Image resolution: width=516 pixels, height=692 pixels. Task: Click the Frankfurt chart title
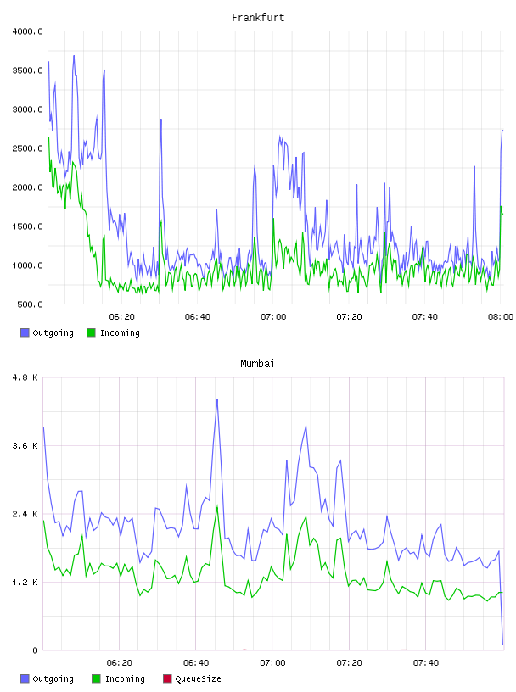pyautogui.click(x=258, y=18)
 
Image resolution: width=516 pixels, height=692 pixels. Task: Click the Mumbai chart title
pyautogui.click(x=257, y=364)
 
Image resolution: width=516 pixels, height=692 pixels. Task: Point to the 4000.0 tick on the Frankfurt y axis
pyautogui.click(x=27, y=31)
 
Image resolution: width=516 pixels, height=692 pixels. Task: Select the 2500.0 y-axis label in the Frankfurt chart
pyautogui.click(x=27, y=148)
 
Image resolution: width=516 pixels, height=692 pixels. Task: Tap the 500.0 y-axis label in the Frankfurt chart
pyautogui.click(x=30, y=304)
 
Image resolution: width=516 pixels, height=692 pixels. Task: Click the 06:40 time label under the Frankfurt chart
pyautogui.click(x=198, y=317)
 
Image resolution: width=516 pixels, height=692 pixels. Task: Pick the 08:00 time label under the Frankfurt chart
pyautogui.click(x=501, y=317)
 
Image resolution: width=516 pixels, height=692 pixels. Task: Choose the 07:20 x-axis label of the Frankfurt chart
pyautogui.click(x=349, y=317)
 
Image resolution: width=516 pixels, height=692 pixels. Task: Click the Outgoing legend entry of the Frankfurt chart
pyautogui.click(x=48, y=332)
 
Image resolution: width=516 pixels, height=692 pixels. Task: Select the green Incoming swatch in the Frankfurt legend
pyautogui.click(x=91, y=332)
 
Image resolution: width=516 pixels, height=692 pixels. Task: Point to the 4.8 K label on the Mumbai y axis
pyautogui.click(x=25, y=377)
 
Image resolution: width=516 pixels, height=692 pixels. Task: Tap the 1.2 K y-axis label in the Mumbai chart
pyautogui.click(x=25, y=583)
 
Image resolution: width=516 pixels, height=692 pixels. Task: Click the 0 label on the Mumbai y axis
pyautogui.click(x=36, y=650)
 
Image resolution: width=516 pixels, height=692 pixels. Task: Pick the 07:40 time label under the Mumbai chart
pyautogui.click(x=426, y=663)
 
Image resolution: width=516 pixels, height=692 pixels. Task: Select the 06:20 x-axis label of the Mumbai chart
pyautogui.click(x=120, y=663)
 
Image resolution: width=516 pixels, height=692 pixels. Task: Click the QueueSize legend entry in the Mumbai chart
pyautogui.click(x=192, y=678)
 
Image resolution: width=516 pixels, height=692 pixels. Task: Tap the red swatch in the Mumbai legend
pyautogui.click(x=167, y=678)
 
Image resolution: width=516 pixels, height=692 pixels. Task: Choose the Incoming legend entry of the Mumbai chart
pyautogui.click(x=119, y=678)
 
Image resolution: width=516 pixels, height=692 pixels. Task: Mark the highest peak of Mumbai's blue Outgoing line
pyautogui.click(x=217, y=399)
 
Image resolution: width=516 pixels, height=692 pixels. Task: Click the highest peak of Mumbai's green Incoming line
pyautogui.click(x=217, y=506)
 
